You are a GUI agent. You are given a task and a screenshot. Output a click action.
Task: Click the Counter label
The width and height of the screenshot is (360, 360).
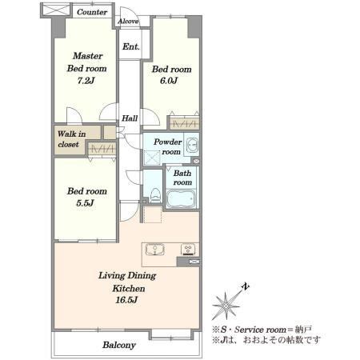pos(92,12)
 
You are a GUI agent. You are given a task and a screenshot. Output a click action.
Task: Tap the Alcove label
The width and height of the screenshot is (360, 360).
pos(128,21)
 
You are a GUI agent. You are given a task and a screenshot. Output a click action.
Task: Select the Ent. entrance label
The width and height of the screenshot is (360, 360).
pos(131,47)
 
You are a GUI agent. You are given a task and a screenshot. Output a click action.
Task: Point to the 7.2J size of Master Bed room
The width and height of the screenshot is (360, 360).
pos(86,81)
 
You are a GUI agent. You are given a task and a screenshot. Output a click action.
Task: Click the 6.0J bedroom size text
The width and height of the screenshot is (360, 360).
pos(169,81)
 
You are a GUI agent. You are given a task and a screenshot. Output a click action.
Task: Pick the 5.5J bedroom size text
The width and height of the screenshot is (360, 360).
pos(85,203)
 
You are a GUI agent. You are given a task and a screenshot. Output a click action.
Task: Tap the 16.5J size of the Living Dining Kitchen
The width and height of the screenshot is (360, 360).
pos(126,300)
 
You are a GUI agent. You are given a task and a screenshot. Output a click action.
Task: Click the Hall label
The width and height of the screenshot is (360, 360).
pos(130,118)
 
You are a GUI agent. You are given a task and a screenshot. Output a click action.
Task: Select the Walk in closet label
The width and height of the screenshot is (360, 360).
pos(71,139)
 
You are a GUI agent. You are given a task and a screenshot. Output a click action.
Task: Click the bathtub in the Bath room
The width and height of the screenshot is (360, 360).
pos(182,199)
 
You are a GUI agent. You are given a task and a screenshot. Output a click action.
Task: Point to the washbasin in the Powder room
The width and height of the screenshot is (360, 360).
pos(192,145)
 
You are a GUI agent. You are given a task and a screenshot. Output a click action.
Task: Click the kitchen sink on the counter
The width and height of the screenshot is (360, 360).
pos(155,250)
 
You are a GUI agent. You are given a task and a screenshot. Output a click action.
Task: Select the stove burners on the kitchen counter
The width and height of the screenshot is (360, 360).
pos(188,250)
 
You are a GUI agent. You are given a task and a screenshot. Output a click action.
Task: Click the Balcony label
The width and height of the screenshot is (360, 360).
pos(119,345)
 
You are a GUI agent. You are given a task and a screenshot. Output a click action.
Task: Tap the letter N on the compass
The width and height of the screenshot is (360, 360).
pos(246,287)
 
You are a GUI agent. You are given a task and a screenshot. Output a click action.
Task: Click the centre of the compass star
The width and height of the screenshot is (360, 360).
pos(226,306)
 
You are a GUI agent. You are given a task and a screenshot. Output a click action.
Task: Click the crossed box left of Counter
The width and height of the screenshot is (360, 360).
pos(56,10)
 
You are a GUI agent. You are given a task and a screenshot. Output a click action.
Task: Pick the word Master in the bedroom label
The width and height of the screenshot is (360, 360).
pos(87,56)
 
